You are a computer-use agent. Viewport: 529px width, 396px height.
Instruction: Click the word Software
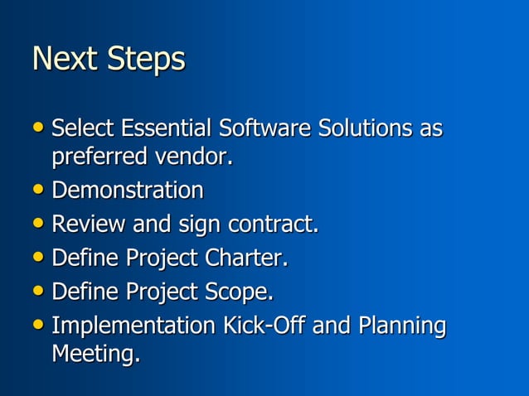pyautogui.click(x=263, y=129)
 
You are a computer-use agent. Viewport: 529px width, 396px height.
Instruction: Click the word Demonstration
pyautogui.click(x=127, y=191)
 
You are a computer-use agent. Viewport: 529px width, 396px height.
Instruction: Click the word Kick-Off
pyautogui.click(x=260, y=326)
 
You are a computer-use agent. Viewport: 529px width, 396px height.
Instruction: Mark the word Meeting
pyautogui.click(x=95, y=354)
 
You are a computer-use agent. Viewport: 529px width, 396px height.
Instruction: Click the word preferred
pyautogui.click(x=98, y=156)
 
